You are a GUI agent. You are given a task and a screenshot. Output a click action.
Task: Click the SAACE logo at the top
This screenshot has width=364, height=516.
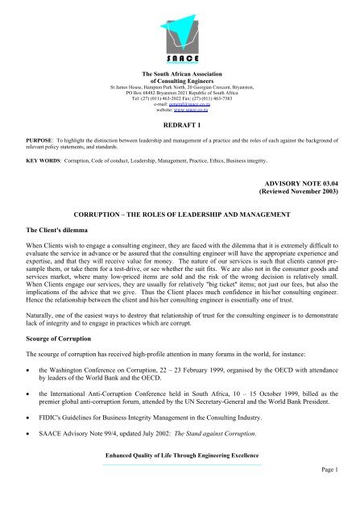[182, 31]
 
